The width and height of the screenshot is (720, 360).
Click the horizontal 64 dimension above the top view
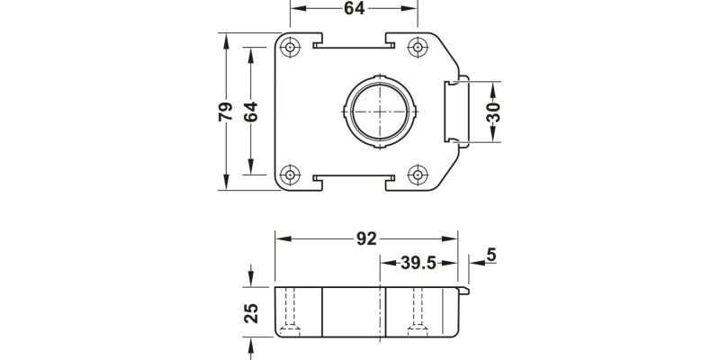354,9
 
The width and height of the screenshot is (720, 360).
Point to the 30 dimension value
493,112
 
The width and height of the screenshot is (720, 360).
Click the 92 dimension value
366,239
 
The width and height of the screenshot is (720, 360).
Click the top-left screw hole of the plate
291,47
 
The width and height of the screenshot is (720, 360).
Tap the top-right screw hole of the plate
418,47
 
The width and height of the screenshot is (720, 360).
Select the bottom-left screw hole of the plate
291,175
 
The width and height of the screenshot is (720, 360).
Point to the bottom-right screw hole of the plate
418,175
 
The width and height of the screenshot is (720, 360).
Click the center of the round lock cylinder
382,111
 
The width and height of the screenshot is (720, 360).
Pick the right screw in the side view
416,315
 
